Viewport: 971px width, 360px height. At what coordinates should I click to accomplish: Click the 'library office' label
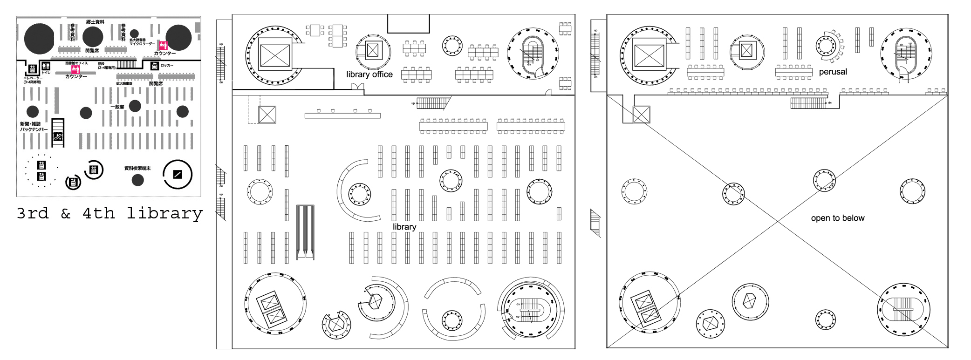[x=369, y=74]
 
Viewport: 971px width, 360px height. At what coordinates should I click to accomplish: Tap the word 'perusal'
[x=833, y=72]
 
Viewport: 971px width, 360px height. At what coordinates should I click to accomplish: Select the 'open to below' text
[x=837, y=218]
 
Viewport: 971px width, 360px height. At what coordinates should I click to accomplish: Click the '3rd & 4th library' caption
[x=109, y=213]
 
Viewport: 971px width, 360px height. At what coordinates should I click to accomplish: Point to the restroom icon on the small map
[x=46, y=66]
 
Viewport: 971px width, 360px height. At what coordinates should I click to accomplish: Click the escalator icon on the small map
[x=58, y=136]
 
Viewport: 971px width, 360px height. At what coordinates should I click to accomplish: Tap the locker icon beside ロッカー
[x=155, y=66]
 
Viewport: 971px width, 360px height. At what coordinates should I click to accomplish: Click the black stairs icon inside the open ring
[x=177, y=174]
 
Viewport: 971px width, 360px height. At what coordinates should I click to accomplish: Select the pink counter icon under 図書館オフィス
[x=75, y=69]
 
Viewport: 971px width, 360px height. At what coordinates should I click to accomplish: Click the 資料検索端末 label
[x=137, y=168]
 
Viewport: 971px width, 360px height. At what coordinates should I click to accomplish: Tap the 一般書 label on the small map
[x=117, y=107]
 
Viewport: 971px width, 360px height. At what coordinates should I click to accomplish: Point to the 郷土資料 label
[x=95, y=22]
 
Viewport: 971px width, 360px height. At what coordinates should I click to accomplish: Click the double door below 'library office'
[x=357, y=87]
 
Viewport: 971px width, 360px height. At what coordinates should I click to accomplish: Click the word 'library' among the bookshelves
[x=404, y=227]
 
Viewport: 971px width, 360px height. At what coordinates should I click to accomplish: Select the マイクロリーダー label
[x=142, y=44]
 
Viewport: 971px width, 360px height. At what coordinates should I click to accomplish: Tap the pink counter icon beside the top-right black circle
[x=163, y=45]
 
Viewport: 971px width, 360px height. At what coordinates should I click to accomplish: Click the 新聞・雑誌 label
[x=30, y=124]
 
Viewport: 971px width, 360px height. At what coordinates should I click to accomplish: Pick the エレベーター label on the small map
[x=33, y=78]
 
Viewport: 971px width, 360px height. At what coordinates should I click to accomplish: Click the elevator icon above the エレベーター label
[x=33, y=69]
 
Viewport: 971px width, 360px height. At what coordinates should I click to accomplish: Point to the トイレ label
[x=46, y=73]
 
